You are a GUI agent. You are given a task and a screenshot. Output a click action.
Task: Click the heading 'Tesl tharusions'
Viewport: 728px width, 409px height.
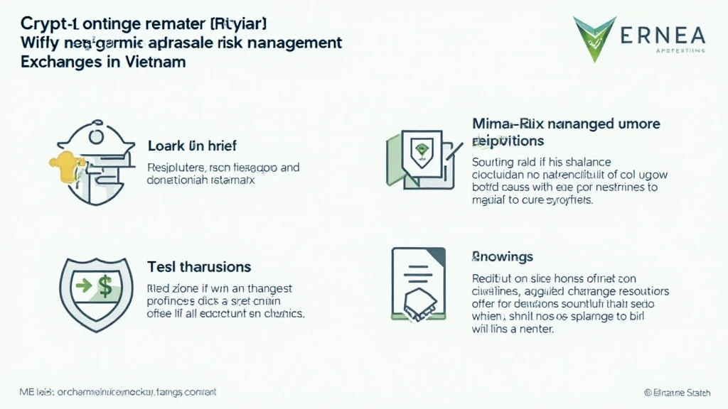(x=198, y=267)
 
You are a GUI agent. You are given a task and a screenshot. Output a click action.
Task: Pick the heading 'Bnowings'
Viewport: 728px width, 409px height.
(x=503, y=256)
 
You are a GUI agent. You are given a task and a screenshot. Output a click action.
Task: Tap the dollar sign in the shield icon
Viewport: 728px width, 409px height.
(x=105, y=288)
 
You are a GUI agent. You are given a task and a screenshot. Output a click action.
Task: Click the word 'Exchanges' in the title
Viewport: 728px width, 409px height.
(x=63, y=62)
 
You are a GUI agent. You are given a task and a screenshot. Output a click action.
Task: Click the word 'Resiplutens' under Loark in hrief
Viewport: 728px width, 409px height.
(x=177, y=168)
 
